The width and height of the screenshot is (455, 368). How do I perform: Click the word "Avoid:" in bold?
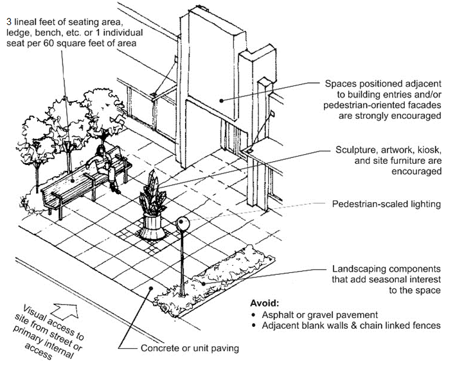(x=265, y=302)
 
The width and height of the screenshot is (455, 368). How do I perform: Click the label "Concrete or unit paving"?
(x=192, y=349)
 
